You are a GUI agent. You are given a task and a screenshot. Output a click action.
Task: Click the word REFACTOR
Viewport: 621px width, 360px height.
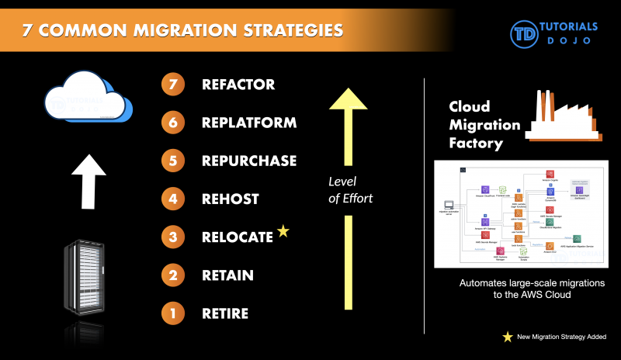pos(238,84)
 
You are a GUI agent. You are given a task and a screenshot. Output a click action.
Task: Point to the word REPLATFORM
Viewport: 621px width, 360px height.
pos(249,123)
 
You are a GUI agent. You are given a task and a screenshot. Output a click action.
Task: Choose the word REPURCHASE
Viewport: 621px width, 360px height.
pos(249,161)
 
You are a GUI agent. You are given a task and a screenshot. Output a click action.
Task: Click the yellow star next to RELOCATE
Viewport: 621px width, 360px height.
pos(283,231)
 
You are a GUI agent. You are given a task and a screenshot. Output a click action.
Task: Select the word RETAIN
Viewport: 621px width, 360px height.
pos(227,275)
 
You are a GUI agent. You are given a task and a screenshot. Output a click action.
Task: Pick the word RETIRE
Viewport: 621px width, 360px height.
pos(225,313)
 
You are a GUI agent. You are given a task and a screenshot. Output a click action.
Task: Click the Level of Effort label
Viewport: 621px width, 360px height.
pos(349,191)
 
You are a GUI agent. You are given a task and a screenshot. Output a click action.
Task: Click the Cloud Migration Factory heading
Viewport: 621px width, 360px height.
pos(484,124)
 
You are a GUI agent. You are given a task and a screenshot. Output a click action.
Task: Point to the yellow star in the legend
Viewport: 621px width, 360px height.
pos(508,336)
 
